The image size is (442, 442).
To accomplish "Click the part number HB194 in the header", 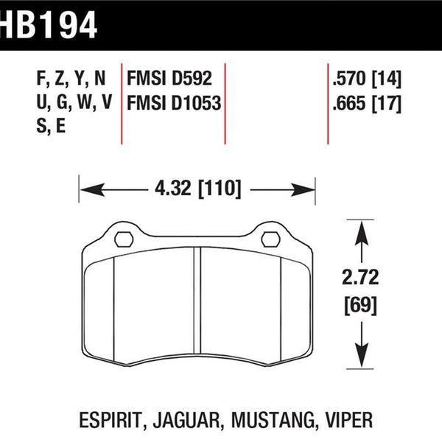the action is [x=49, y=25].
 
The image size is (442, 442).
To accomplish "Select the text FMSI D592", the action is [x=169, y=78].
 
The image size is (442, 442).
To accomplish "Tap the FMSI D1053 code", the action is [x=174, y=103].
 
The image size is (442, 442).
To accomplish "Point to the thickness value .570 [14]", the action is [x=367, y=79].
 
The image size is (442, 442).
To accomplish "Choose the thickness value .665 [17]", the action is [x=367, y=103].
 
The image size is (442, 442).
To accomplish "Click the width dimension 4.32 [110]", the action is [x=198, y=189].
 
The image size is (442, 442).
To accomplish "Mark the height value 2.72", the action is [x=360, y=277].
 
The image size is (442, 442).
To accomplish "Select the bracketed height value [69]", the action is [x=360, y=305].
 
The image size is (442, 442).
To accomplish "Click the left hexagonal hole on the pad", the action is [x=124, y=239].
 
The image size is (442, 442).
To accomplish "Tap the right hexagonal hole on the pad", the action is [x=270, y=239].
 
